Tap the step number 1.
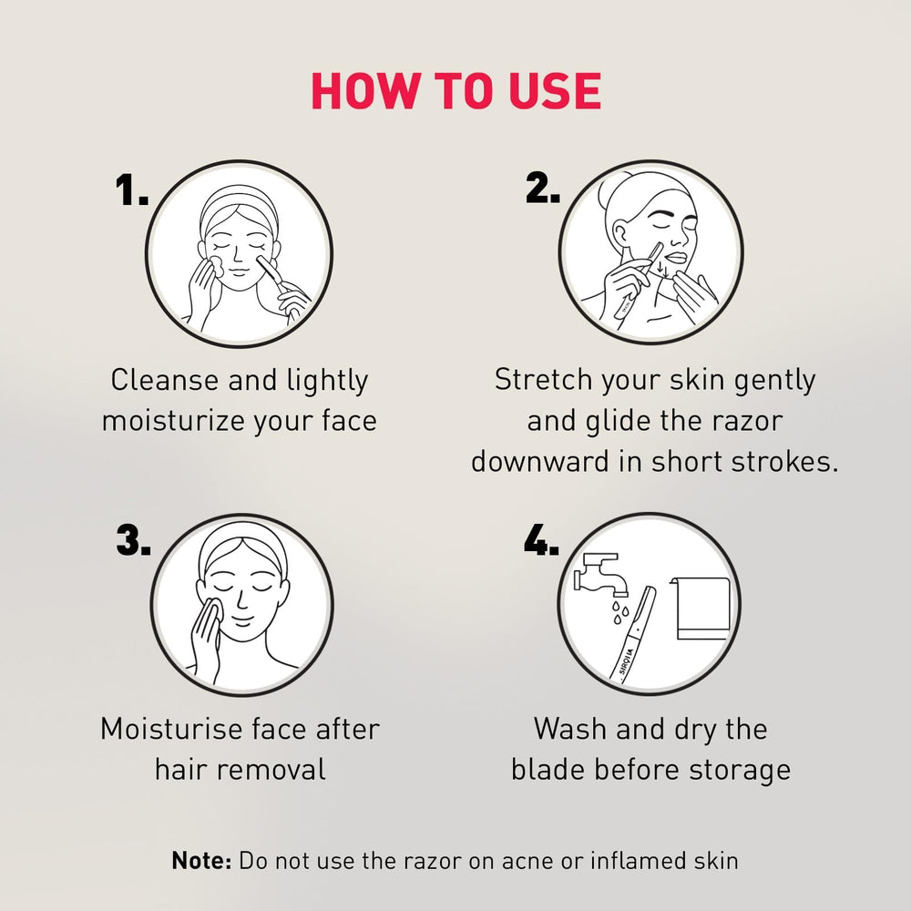131,190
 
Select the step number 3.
133,540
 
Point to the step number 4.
541,539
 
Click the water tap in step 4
600,574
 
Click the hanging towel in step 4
700,609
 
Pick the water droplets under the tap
619,611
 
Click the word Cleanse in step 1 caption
165,381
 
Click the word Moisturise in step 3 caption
172,729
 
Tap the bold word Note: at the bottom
201,861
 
